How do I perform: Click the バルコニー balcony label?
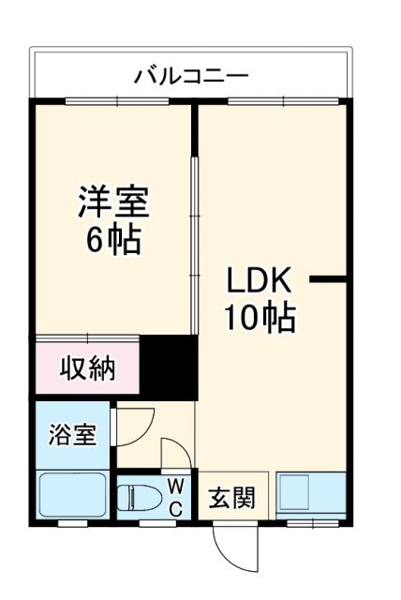191,74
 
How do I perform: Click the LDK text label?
260,280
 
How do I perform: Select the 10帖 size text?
260,319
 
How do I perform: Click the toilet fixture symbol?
138,496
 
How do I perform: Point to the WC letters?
175,495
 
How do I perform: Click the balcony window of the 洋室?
116,99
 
